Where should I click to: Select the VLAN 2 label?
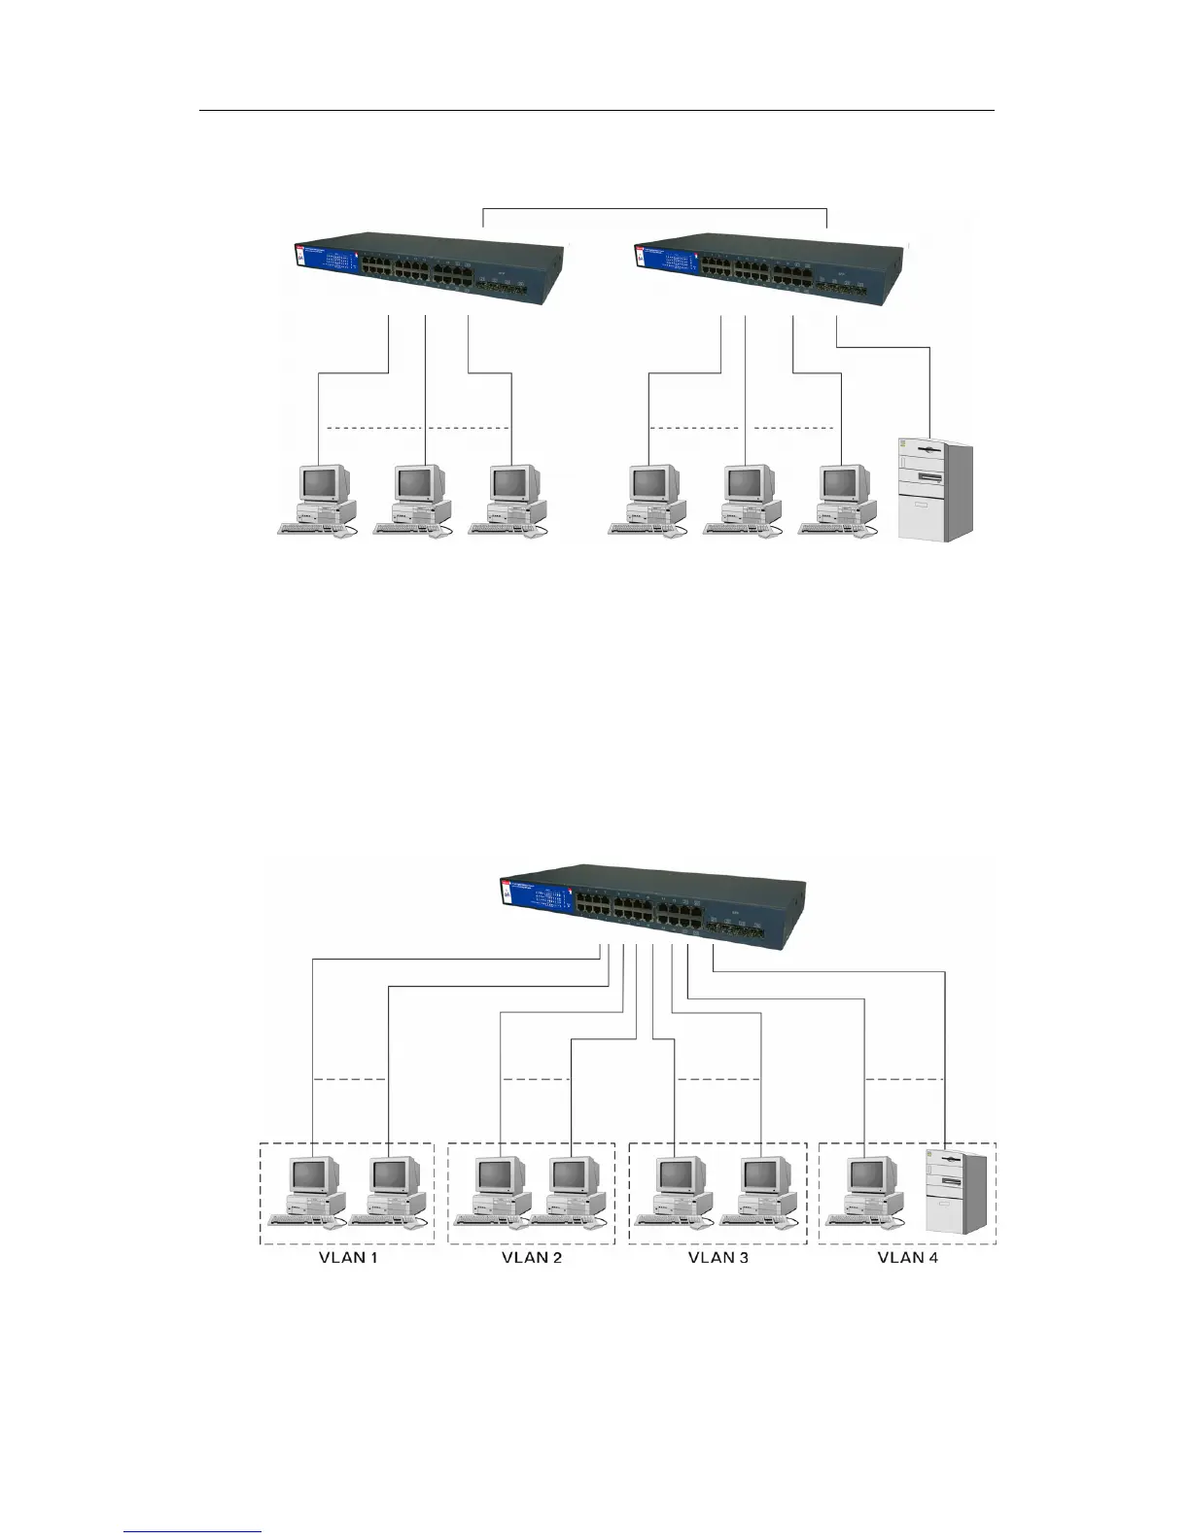531,1257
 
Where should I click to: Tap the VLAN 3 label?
718,1257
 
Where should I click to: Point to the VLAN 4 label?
908,1257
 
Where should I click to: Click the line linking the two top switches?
655,208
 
